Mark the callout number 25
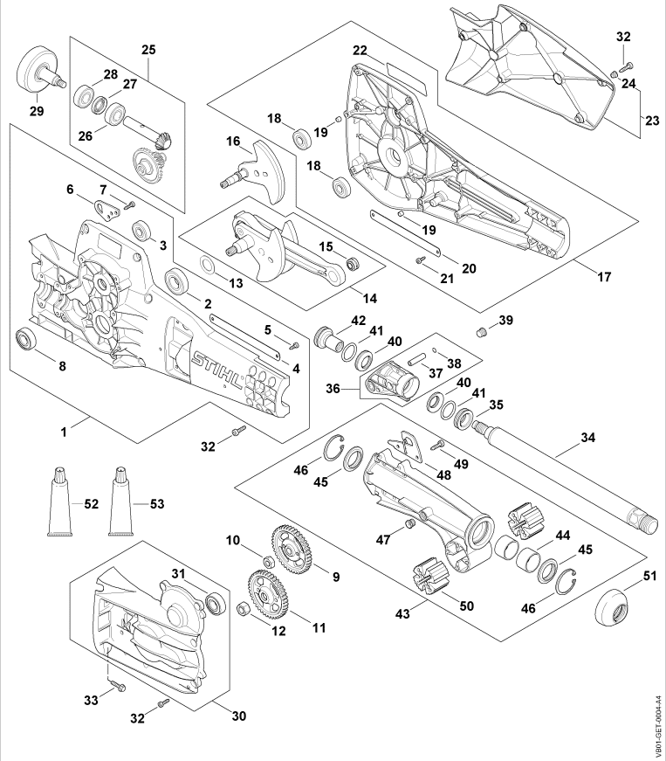[148, 50]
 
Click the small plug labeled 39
[479, 331]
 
